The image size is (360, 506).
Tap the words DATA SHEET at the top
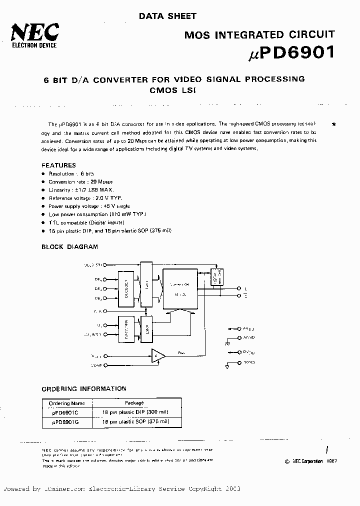tap(167, 16)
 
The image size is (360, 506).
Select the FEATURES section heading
tap(58, 165)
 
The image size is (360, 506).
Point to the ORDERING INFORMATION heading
tap(83, 388)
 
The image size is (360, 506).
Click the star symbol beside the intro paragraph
tap(333, 123)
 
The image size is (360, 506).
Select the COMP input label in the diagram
tap(96, 365)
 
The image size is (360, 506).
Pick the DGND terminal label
tap(248, 362)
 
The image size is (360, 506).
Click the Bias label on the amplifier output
tap(181, 352)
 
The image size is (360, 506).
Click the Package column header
tap(134, 403)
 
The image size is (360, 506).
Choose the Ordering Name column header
tap(67, 403)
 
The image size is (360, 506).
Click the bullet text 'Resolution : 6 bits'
tap(71, 173)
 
